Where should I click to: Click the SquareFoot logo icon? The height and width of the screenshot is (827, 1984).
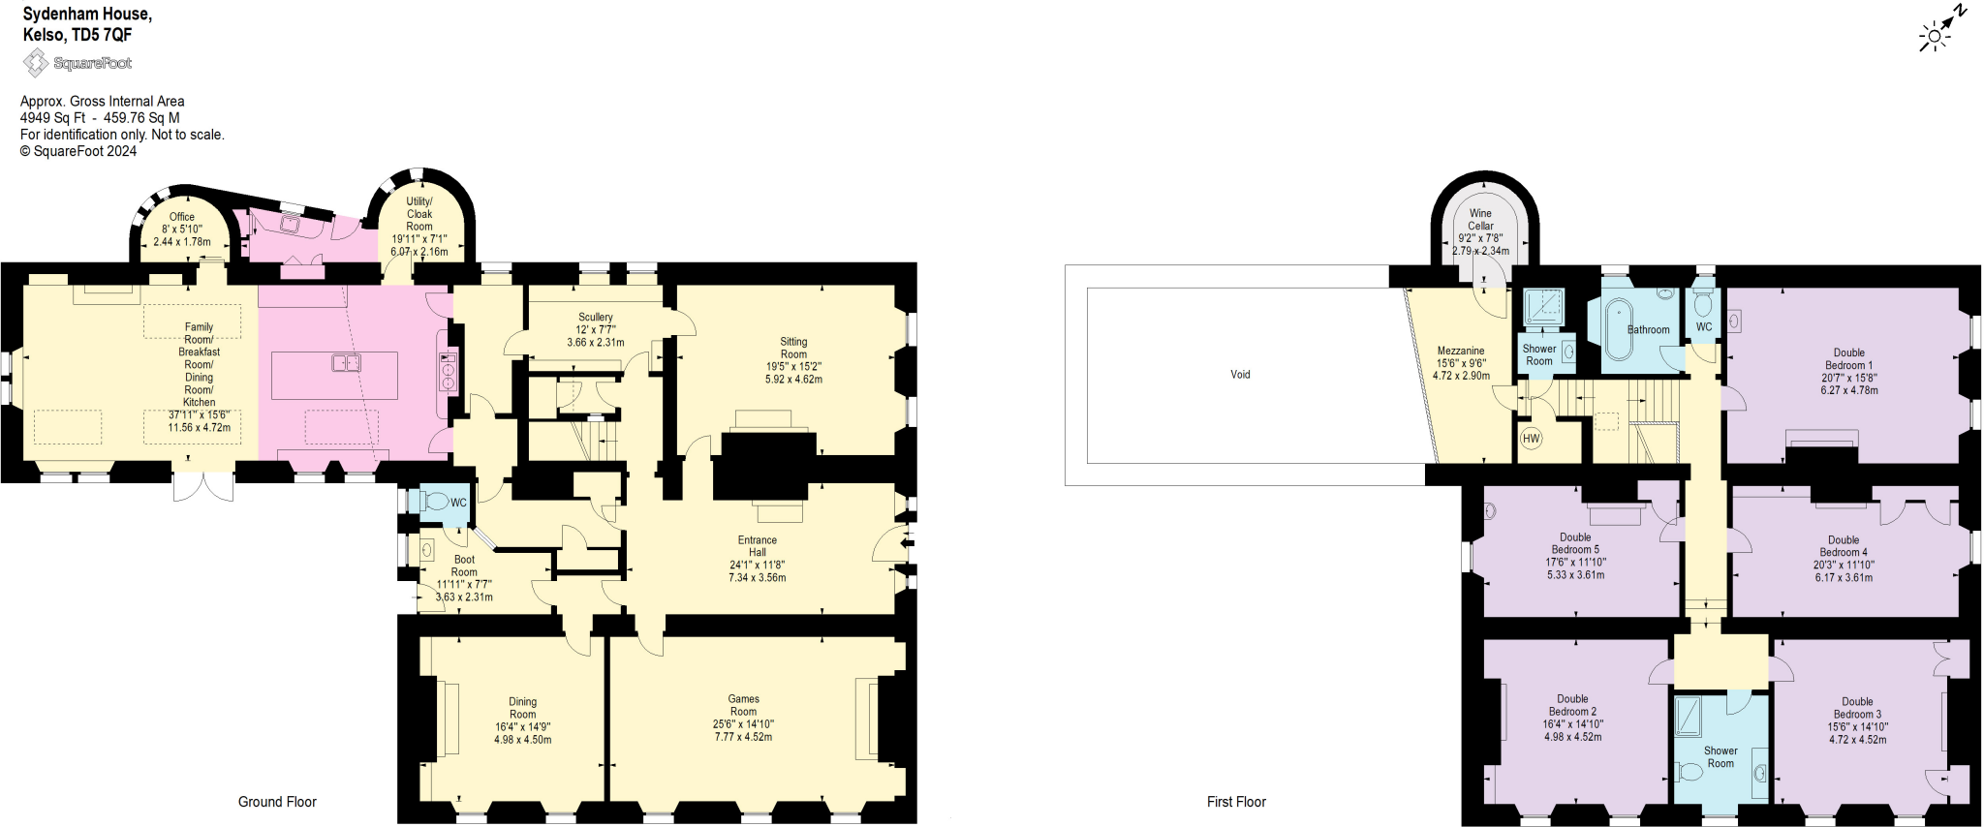pos(36,64)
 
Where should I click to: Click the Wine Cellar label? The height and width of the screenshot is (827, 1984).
pos(1480,220)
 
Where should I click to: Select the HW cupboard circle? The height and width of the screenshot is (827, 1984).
pos(1531,439)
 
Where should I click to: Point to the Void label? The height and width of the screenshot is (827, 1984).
pos(1240,375)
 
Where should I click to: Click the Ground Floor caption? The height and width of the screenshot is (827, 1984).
pos(277,802)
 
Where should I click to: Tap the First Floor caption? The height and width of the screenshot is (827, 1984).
pos(1236,802)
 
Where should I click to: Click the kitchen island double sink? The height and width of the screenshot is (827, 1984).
pos(346,363)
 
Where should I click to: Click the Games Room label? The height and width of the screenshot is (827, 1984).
pos(744,705)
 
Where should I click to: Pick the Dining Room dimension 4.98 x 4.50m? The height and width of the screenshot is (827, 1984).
pos(523,740)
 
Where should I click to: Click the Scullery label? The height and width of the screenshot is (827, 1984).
pos(596,317)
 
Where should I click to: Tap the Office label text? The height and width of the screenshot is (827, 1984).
pos(182,217)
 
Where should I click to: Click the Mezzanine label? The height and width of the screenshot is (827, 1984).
pos(1461,351)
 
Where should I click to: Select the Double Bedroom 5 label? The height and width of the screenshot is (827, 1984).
pos(1575,543)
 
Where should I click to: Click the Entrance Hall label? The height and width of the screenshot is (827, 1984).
pos(758,546)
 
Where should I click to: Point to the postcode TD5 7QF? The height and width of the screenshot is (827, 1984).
pos(102,35)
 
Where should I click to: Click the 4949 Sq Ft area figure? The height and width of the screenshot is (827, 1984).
pos(52,118)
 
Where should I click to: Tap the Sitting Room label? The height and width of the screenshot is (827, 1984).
pos(793,348)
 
